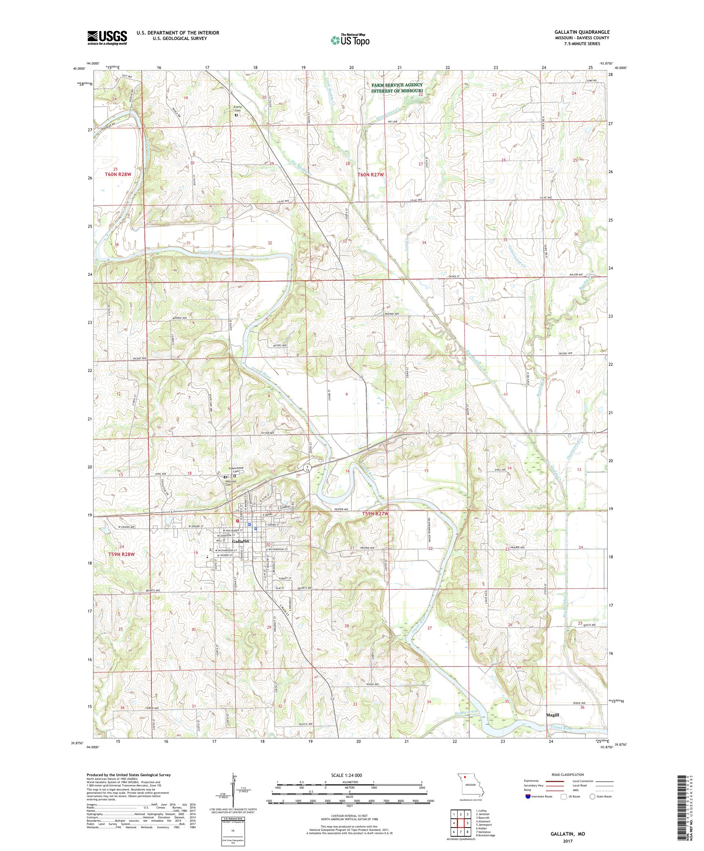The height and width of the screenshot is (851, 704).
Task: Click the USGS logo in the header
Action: [107, 38]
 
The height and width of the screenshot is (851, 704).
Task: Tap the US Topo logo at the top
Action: [351, 40]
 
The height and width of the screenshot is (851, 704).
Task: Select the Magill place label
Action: [552, 715]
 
